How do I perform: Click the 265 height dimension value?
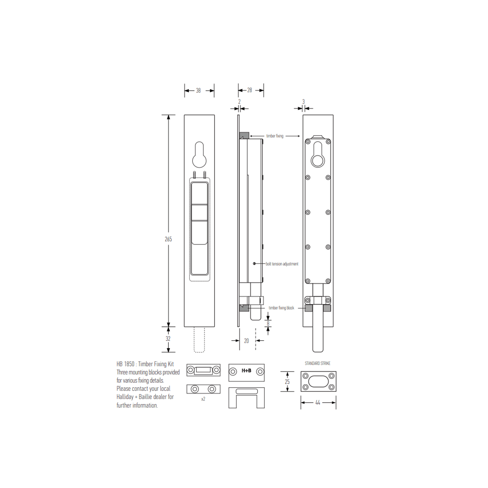pyautogui.click(x=168, y=239)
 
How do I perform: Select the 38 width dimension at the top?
pyautogui.click(x=198, y=91)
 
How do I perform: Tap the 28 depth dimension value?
pyautogui.click(x=250, y=90)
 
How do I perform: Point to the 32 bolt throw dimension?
pyautogui.click(x=168, y=339)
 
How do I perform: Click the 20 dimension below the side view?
pyautogui.click(x=246, y=341)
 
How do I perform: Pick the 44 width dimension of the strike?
pyautogui.click(x=318, y=403)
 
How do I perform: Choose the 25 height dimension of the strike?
pyautogui.click(x=287, y=382)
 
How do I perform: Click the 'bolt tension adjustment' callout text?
pyautogui.click(x=282, y=264)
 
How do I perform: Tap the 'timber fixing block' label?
pyautogui.click(x=281, y=308)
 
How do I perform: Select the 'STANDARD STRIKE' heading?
pyautogui.click(x=318, y=363)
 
